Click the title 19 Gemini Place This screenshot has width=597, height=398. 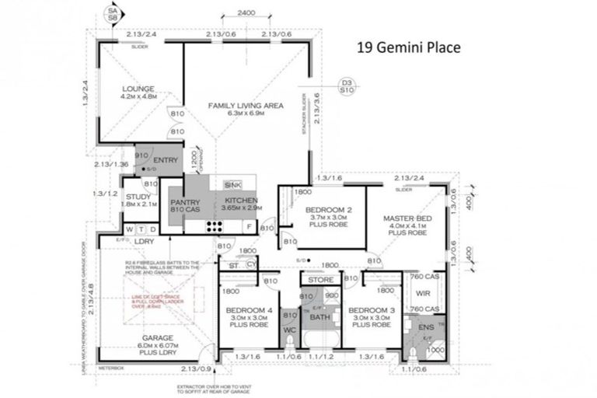point(408,47)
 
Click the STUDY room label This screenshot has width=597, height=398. point(138,197)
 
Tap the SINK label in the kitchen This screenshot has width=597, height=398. point(232,185)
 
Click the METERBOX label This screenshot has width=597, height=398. point(110,366)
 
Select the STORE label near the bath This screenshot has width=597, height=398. point(321,279)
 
